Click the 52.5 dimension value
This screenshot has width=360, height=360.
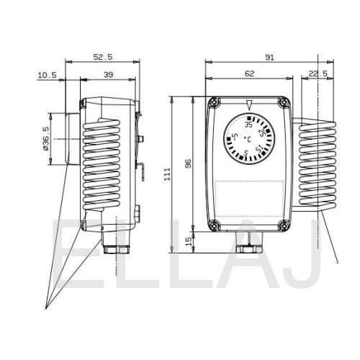(x=103, y=57)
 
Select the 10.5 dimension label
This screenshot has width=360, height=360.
(x=48, y=76)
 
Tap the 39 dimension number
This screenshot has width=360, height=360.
(x=108, y=75)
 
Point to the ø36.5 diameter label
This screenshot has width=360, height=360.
(x=46, y=138)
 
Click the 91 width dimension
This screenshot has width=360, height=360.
(x=269, y=58)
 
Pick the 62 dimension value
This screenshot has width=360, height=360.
(x=249, y=73)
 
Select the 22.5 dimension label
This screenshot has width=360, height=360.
(x=318, y=73)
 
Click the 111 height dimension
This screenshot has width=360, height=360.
(x=167, y=174)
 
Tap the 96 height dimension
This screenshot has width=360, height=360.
(x=189, y=163)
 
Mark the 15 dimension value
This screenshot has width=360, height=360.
(x=189, y=241)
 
